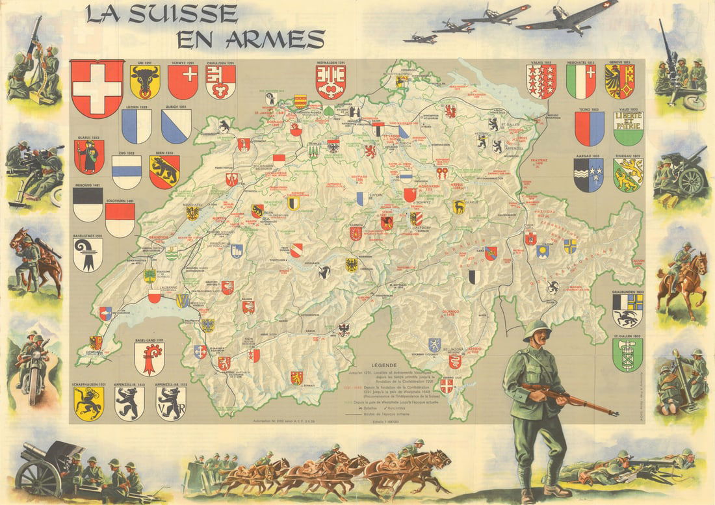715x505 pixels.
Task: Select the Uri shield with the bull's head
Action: [145, 83]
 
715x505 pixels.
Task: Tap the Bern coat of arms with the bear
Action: [164, 172]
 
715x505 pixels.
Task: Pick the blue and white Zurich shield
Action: [176, 126]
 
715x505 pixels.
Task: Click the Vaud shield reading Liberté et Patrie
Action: [628, 128]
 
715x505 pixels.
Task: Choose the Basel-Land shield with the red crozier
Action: [149, 359]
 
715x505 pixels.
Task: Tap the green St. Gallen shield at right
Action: [627, 355]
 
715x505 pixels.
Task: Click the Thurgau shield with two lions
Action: [628, 175]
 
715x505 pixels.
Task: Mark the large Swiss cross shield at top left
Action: [97, 88]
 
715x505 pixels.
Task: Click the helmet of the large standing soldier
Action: [537, 328]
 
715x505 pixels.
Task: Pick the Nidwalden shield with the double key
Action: [330, 83]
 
